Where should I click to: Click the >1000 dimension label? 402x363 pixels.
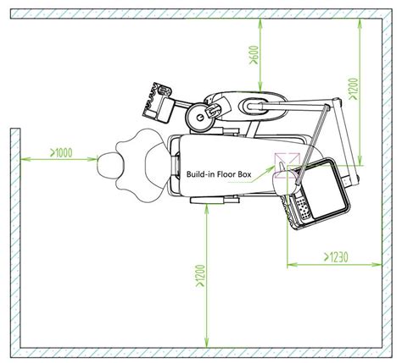(61, 152)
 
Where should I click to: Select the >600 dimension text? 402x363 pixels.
(254, 55)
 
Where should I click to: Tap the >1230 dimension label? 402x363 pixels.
(336, 257)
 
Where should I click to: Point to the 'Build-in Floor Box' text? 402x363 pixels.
(219, 174)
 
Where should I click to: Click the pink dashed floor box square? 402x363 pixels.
(287, 166)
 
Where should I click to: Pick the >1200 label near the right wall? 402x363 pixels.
(354, 89)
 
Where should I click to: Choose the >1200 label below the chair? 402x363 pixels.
(200, 276)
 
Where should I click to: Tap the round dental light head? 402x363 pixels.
(200, 118)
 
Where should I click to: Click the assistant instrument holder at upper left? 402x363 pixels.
(158, 102)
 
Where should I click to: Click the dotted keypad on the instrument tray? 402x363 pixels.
(302, 208)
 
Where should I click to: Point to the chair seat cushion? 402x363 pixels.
(226, 165)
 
